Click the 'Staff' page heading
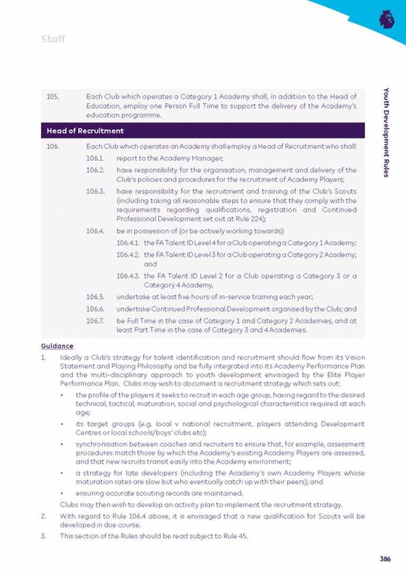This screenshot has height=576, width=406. (52, 39)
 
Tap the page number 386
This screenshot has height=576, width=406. (385, 559)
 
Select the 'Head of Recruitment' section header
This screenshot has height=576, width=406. (85, 131)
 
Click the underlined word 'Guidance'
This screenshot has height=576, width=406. (57, 346)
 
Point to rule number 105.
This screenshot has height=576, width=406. (52, 97)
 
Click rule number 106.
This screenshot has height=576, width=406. (52, 145)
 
